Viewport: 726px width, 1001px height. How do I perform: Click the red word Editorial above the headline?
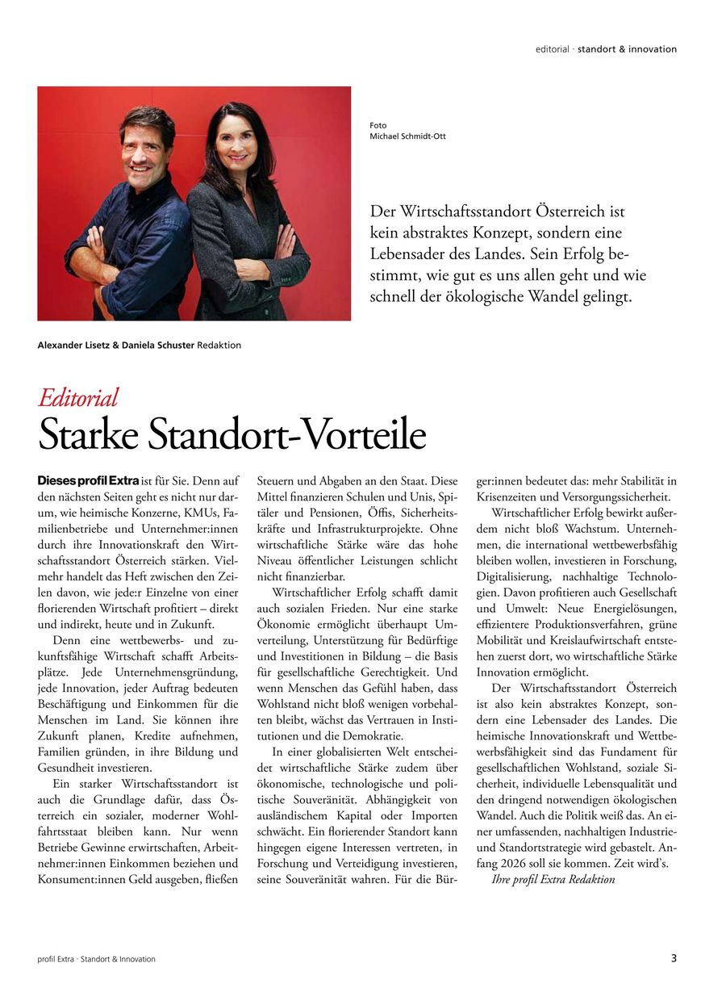pos(78,397)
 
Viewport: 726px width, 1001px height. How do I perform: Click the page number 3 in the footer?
pos(674,958)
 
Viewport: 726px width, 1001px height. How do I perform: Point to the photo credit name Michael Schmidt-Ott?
pos(407,136)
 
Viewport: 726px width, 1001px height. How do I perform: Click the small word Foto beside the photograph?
pos(378,125)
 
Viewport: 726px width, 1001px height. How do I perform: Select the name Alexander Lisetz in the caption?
pos(73,346)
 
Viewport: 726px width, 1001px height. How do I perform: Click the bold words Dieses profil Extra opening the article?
pos(89,481)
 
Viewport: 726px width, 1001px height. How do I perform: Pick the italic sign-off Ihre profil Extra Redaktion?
pos(553,879)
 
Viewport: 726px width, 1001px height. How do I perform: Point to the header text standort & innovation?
pos(627,49)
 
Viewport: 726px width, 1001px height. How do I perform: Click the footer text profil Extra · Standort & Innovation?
pos(96,959)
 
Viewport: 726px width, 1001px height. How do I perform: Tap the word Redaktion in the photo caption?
pos(219,346)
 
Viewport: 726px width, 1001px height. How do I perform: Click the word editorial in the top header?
pos(552,49)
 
